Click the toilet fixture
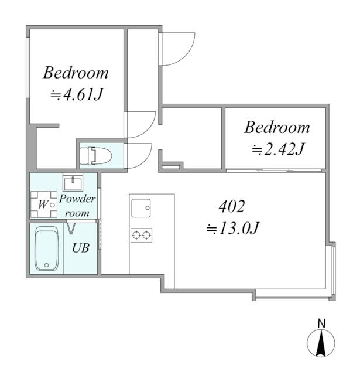click(x=96, y=155)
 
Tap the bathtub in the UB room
click(x=47, y=248)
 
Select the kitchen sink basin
click(x=141, y=208)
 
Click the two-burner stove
click(x=142, y=236)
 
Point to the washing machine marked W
click(x=44, y=204)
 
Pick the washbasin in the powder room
click(x=73, y=182)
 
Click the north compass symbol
click(x=321, y=343)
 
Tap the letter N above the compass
click(x=321, y=323)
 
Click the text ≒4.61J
click(x=77, y=95)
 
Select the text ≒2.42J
click(x=277, y=149)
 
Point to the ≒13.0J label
click(x=232, y=228)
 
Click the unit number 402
click(x=232, y=206)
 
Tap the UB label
click(x=81, y=248)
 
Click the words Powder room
click(x=77, y=206)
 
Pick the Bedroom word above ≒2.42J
click(x=277, y=127)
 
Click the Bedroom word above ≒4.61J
click(x=76, y=73)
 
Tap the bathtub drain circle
click(x=47, y=265)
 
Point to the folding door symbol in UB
click(x=71, y=229)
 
